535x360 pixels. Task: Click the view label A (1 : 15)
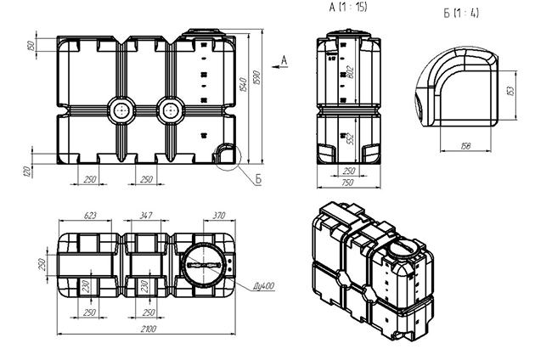coord(348,8)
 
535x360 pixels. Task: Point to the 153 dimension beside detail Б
coord(510,90)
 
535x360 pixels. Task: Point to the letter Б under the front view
coord(256,177)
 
